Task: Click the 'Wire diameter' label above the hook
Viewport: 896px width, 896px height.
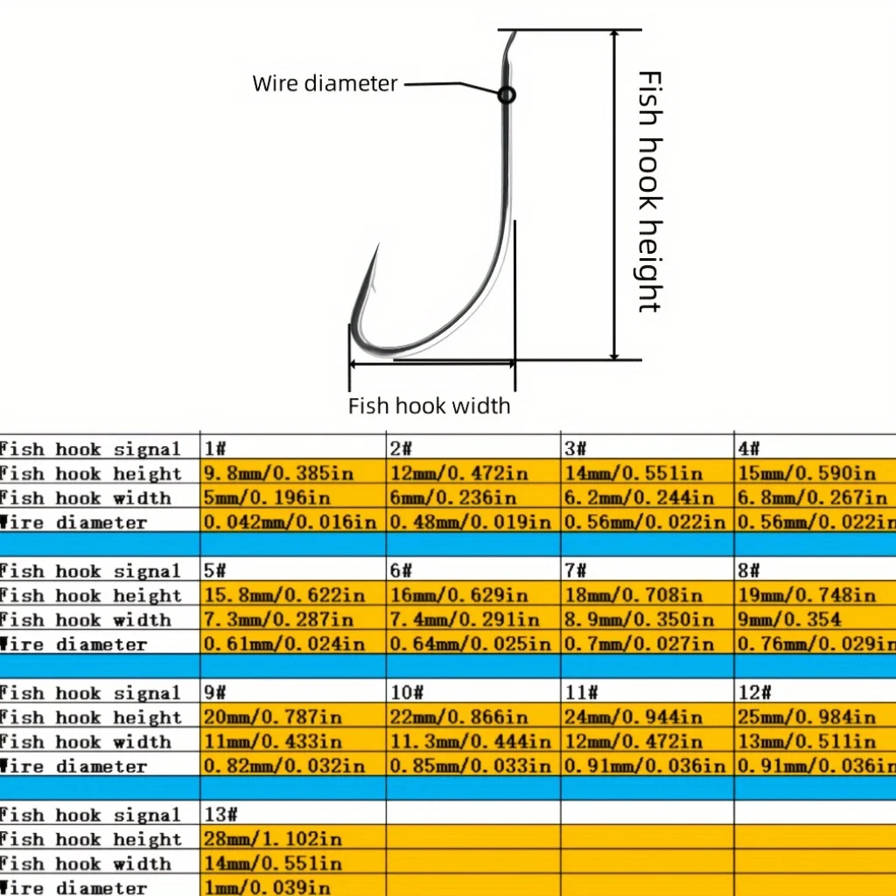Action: coord(325,83)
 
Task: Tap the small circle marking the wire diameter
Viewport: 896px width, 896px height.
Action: coord(507,94)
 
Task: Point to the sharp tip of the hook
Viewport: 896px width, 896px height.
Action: coord(379,245)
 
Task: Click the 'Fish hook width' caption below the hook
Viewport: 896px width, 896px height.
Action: coord(429,406)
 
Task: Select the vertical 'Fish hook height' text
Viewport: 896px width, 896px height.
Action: coord(650,192)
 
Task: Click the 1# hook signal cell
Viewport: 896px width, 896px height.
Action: coord(292,448)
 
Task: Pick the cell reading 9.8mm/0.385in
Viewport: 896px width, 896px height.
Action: coord(292,472)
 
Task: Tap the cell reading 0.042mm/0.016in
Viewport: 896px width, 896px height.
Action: coord(292,521)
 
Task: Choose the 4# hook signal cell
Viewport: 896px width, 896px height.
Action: coord(815,448)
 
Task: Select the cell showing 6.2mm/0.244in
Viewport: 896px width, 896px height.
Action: coord(647,497)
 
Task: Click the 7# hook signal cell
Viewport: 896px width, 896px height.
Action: coord(647,570)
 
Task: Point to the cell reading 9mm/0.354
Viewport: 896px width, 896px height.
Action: coord(815,619)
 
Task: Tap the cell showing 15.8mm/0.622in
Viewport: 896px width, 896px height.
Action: coord(292,594)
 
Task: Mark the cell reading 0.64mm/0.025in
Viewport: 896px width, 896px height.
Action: coord(473,643)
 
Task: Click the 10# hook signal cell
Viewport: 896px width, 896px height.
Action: coord(473,692)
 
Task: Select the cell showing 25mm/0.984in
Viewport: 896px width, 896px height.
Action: coord(815,716)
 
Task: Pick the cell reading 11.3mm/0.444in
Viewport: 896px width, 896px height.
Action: coord(473,740)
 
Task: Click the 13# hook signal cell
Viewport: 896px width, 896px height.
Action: coord(292,814)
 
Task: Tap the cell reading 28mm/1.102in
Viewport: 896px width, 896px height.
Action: coord(292,838)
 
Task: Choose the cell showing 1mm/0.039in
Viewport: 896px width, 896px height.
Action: coord(292,886)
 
